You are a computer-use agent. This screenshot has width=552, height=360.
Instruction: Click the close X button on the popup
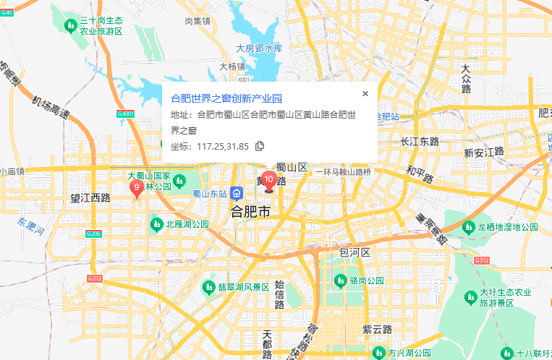coord(365,93)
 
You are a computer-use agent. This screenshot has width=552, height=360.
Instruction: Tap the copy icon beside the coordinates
coord(260,146)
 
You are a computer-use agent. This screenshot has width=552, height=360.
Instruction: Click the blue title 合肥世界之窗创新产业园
coord(226,98)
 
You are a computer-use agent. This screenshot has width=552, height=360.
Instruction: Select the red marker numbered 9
coord(136,188)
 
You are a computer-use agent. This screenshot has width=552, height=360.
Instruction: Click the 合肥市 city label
coord(250,212)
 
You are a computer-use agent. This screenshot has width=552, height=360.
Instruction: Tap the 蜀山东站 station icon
coord(237,193)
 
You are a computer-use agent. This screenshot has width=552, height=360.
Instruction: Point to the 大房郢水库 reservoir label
coord(258,48)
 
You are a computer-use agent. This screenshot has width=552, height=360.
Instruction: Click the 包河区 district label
coord(354,252)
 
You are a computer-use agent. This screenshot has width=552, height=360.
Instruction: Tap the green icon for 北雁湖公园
coord(156,224)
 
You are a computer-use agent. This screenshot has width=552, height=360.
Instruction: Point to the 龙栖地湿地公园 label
coord(507,227)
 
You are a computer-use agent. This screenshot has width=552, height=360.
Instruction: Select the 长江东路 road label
coord(420,142)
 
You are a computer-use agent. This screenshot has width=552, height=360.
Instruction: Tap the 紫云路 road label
coord(377,329)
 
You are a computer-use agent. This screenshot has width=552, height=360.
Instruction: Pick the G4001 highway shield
coord(125,114)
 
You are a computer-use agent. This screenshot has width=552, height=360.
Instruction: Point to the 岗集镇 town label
coord(197,21)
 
